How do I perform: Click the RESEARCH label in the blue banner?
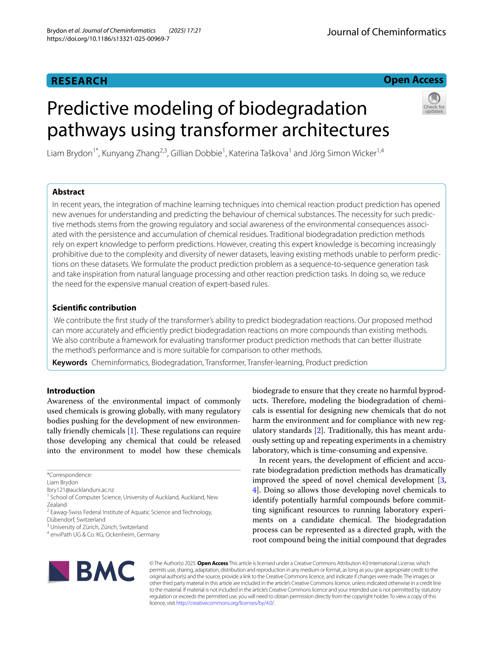point(79,81)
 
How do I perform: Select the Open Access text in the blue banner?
point(413,80)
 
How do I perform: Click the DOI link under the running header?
point(108,39)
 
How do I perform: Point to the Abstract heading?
point(68,192)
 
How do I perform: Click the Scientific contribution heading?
point(94,308)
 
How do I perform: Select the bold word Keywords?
point(70,363)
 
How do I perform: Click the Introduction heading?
point(71,391)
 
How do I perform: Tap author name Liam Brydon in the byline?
point(70,153)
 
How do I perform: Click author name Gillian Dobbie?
point(196,153)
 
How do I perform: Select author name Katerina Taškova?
point(258,153)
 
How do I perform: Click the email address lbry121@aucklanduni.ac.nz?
point(80,490)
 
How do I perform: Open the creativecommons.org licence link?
point(225,603)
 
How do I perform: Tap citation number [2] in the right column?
point(318,430)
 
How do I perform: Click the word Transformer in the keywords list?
point(225,363)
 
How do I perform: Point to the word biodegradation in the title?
point(303,108)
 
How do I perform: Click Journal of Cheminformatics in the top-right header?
point(386,32)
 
